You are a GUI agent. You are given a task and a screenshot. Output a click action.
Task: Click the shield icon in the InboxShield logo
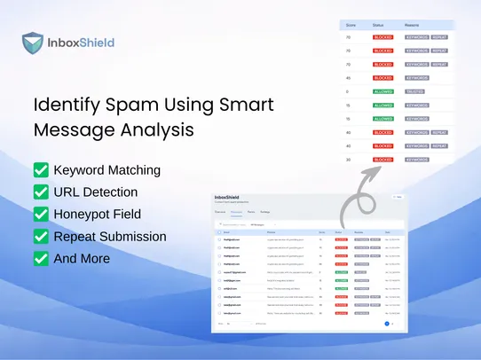34,43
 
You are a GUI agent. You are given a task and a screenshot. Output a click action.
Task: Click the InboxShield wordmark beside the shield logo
80,43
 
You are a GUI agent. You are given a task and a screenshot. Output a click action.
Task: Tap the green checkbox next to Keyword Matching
41,169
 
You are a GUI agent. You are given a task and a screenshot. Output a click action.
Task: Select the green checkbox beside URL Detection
41,192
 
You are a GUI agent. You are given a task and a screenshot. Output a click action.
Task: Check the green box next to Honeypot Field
41,214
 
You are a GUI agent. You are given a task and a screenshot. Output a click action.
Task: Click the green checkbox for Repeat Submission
41,236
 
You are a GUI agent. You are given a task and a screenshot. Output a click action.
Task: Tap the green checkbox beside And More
41,258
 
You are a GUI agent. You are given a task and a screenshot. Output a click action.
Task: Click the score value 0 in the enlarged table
349,91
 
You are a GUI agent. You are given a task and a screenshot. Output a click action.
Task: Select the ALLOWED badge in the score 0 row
383,91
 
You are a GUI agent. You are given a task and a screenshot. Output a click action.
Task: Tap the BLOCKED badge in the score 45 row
383,78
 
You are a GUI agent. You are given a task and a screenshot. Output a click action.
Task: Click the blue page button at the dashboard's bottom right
387,324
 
